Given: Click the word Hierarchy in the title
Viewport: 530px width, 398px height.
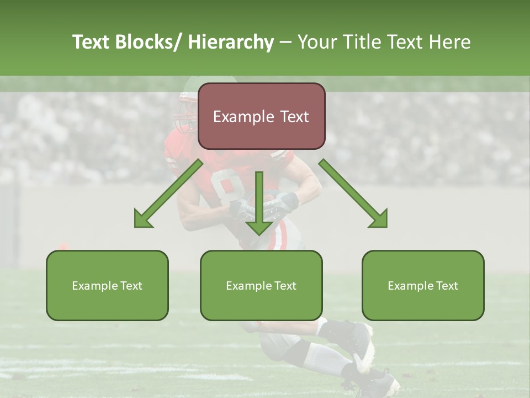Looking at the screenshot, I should [231, 43].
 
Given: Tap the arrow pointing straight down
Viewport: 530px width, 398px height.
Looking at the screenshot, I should [259, 205].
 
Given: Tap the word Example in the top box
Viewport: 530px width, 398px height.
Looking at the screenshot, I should [242, 117].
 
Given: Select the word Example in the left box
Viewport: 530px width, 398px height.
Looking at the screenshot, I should [94, 286].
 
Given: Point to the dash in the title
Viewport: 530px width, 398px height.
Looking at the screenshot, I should [285, 43].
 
